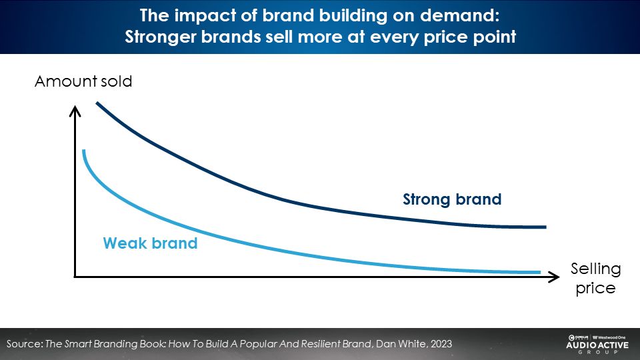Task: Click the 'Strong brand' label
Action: tap(451, 199)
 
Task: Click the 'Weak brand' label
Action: tap(150, 243)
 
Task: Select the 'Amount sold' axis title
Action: tap(83, 82)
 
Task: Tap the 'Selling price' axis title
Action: tap(595, 279)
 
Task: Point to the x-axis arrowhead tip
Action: tap(558, 276)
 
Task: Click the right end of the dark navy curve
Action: tap(545, 227)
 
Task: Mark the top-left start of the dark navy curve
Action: tap(97, 103)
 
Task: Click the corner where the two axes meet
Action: tap(75, 276)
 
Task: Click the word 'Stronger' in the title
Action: tap(160, 37)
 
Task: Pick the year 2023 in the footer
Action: tap(439, 344)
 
